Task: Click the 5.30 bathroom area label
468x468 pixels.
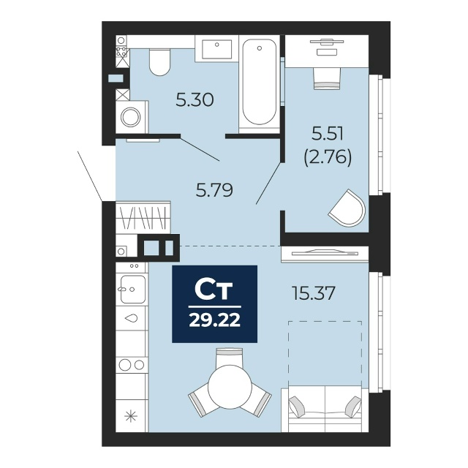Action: point(195,99)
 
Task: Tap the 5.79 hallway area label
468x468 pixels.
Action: point(214,190)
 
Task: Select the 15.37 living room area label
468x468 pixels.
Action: point(314,293)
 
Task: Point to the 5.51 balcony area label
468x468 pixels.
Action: point(328,133)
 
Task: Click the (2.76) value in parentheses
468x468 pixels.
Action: point(328,156)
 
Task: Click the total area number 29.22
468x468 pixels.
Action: point(214,321)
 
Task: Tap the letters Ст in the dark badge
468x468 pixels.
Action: point(214,290)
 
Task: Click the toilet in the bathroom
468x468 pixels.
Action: point(159,62)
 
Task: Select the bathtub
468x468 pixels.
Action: point(259,84)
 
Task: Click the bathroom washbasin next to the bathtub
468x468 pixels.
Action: point(217,49)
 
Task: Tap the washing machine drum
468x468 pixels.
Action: point(131,117)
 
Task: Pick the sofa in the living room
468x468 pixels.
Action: point(325,408)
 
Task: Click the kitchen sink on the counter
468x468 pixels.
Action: point(133,289)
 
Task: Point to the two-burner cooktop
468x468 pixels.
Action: point(132,364)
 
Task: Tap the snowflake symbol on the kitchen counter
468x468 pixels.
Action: point(132,416)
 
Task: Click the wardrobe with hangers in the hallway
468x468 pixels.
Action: point(143,216)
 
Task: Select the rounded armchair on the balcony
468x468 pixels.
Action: point(347,208)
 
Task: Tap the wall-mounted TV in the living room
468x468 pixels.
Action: point(325,253)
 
